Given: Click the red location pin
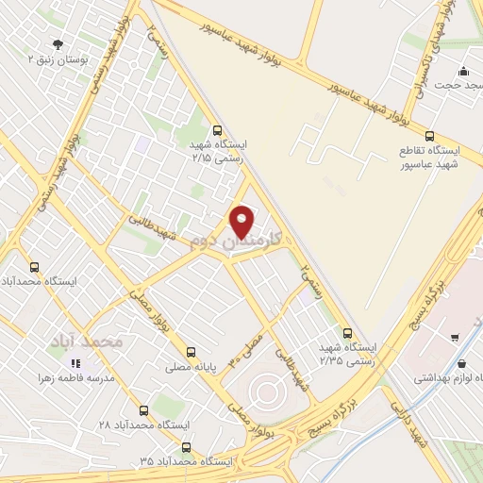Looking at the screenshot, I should pos(243,222).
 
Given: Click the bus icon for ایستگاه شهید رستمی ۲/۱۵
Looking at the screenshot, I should pos(219,131).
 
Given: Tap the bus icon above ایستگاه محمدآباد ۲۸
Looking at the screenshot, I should pos(143,410).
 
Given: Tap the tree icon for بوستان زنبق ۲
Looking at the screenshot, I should pos(58,44).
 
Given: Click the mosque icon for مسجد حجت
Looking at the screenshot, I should pos(463,71).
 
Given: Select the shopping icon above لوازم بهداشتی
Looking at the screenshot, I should pos(460,362).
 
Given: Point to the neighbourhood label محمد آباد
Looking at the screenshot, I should pos(91,341).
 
